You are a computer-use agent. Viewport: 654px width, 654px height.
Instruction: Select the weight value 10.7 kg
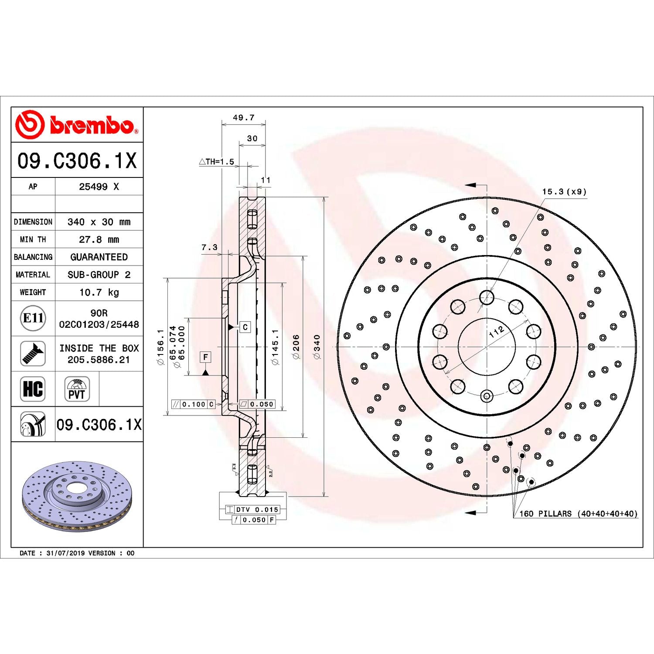coord(99,292)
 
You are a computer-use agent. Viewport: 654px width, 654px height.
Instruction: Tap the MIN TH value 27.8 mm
coord(99,239)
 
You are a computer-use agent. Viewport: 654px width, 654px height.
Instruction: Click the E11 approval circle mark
coord(33,318)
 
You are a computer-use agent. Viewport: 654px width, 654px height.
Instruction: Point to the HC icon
coord(33,388)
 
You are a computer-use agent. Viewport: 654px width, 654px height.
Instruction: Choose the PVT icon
coord(77,389)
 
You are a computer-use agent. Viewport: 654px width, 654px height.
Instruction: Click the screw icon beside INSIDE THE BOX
coord(33,354)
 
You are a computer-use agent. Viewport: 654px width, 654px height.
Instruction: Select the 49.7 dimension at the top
coord(243,117)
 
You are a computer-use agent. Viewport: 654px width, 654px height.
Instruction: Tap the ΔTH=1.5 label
coord(217,162)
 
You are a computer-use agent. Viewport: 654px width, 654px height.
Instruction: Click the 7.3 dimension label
coord(209,247)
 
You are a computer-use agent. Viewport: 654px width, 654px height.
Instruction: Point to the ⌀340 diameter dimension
coord(317,347)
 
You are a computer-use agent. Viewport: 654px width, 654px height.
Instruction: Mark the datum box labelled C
coord(245,327)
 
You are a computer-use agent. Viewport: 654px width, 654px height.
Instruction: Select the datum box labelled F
coord(205,357)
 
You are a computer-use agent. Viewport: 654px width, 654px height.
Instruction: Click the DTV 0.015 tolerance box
coord(256,509)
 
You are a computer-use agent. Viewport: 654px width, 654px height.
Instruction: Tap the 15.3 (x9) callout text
coord(564,191)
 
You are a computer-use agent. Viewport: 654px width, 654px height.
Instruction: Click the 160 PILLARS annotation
coord(578,514)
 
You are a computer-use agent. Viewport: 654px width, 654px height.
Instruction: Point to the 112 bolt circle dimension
coord(497,331)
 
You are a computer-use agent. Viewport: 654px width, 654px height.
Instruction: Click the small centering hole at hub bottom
coord(487,396)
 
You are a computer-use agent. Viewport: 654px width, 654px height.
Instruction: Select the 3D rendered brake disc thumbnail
coord(77,496)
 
